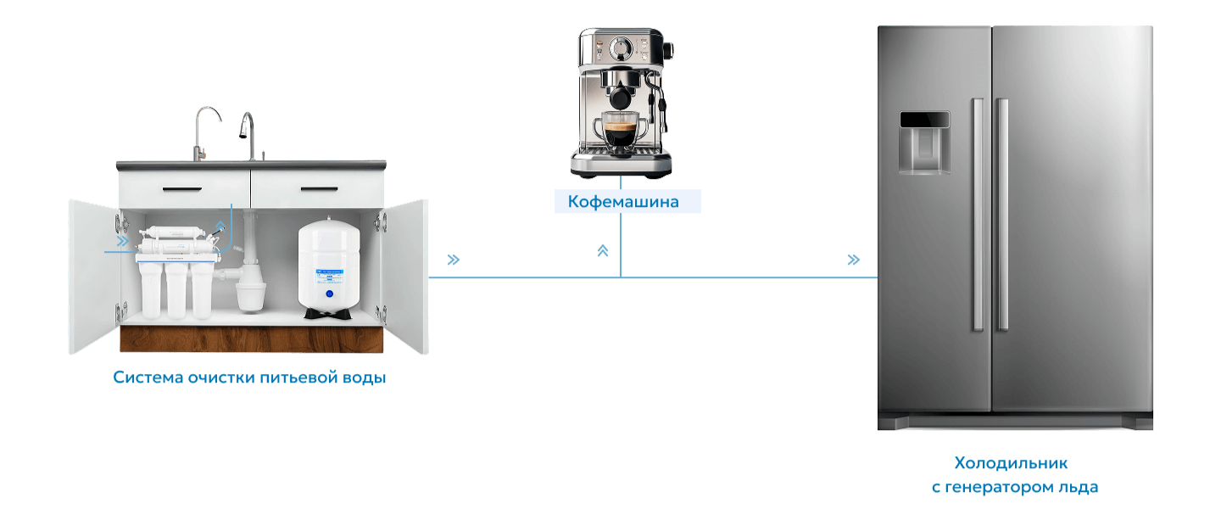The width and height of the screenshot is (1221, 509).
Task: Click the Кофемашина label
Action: click(x=623, y=201)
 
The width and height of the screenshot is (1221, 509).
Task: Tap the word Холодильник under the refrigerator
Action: click(x=1011, y=462)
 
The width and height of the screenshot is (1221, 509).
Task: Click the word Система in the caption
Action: click(x=148, y=377)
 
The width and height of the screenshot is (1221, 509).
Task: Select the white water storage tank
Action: click(x=329, y=268)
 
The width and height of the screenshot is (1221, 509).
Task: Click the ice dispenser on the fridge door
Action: click(x=924, y=143)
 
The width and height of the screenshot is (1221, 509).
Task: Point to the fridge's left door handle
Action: click(x=978, y=215)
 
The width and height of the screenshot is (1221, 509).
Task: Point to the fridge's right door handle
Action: click(x=1002, y=215)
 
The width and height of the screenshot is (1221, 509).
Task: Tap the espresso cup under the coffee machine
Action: click(x=620, y=129)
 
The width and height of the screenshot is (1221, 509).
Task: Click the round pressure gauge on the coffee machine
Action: click(x=621, y=48)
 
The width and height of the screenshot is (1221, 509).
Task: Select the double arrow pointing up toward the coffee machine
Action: click(x=602, y=250)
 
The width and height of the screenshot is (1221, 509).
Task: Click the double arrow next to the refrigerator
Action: click(x=854, y=260)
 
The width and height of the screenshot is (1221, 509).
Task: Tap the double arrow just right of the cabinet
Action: click(x=454, y=260)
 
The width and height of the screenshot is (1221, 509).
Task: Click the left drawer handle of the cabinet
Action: click(x=182, y=189)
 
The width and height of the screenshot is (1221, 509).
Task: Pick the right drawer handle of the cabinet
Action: click(x=320, y=189)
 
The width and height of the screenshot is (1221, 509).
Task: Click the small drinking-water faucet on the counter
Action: click(x=203, y=134)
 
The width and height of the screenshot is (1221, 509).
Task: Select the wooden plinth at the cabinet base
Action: click(x=251, y=338)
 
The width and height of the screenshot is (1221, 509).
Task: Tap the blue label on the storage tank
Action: click(x=328, y=275)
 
